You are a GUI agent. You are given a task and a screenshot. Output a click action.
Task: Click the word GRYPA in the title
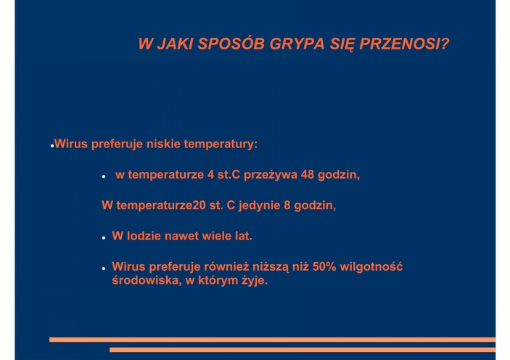[297, 44]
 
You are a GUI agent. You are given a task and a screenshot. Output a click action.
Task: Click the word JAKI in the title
[175, 44]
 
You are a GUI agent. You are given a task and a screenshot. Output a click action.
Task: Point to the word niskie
[163, 144]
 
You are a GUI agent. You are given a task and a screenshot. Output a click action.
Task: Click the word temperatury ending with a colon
[221, 144]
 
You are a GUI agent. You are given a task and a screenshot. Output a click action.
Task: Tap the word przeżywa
[271, 176]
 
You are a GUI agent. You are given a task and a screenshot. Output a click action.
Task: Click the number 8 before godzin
[287, 205]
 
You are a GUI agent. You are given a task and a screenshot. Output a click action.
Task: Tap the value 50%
[324, 266]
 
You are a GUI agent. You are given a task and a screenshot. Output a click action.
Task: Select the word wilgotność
[371, 267]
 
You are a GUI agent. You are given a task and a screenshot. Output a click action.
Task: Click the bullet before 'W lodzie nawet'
[104, 238]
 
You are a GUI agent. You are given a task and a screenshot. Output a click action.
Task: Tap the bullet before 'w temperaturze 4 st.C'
[104, 177]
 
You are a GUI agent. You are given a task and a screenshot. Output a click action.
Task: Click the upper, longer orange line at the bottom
[272, 340]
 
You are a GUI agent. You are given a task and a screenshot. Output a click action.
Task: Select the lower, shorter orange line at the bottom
[303, 350]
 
